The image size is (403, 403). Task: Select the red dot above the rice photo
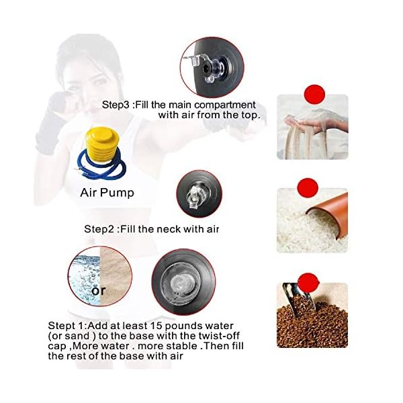pos(307,186)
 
